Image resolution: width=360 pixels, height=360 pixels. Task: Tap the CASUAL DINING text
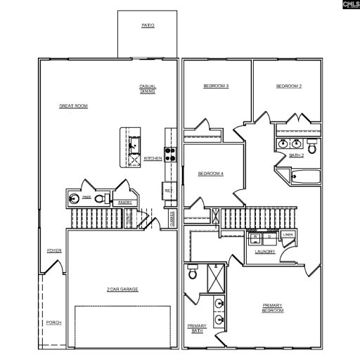[148, 89]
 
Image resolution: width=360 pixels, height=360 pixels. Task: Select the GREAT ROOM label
[73, 105]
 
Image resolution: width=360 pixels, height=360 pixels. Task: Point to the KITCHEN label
[153, 159]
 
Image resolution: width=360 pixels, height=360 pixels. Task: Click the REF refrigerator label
[169, 190]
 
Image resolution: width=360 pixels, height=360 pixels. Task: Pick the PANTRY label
[125, 202]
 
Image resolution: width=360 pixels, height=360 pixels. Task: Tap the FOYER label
[54, 250]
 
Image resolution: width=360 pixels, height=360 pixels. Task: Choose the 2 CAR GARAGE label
[122, 289]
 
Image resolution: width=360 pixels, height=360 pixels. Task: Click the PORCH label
[54, 322]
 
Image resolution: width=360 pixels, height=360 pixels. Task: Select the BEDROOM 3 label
[216, 86]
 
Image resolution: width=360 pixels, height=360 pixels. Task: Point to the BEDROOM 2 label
[288, 86]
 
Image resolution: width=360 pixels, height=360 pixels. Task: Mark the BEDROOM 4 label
[210, 174]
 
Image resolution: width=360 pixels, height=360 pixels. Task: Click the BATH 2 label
[296, 154]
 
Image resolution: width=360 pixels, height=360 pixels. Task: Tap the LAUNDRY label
[265, 251]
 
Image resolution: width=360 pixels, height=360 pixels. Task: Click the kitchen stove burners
[169, 154]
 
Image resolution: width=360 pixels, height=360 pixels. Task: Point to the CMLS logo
[349, 5]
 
